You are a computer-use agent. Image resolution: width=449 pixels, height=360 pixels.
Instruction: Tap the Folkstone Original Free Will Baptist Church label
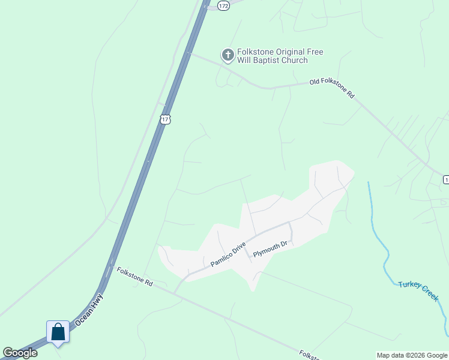pyautogui.click(x=280, y=56)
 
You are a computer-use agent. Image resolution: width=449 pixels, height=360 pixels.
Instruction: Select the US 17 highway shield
pyautogui.click(x=166, y=119)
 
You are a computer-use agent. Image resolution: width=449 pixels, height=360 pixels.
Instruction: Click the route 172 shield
pyautogui.click(x=223, y=5)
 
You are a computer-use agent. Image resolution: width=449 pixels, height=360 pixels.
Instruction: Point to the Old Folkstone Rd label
pyautogui.click(x=332, y=88)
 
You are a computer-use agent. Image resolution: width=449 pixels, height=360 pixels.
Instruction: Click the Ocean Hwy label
pyautogui.click(x=89, y=310)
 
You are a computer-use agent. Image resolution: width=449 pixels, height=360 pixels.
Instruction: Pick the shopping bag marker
pyautogui.click(x=58, y=332)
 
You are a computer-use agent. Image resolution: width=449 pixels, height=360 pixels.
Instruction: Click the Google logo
pyautogui.click(x=20, y=353)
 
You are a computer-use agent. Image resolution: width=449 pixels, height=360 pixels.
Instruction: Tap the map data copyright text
pyautogui.click(x=411, y=355)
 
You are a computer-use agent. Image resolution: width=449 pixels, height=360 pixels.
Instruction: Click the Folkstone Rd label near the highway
pyautogui.click(x=135, y=277)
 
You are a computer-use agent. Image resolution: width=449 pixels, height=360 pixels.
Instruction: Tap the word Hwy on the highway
pyautogui.click(x=97, y=301)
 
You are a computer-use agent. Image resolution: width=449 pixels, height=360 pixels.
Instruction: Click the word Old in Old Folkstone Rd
pyautogui.click(x=315, y=82)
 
